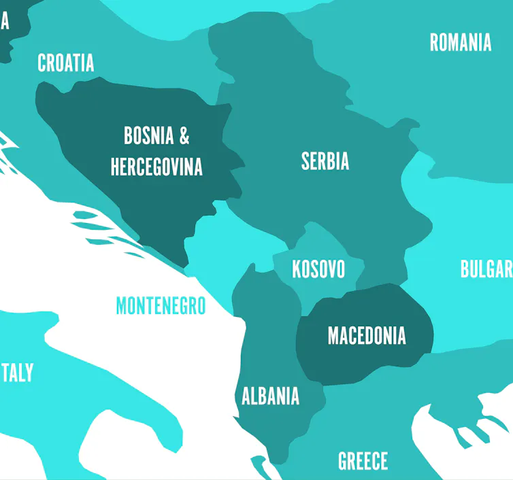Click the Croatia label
[x=65, y=63]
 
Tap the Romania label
[x=460, y=42]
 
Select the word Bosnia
[x=148, y=135]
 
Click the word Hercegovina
[x=156, y=166]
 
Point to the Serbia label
[x=325, y=161]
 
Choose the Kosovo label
[x=318, y=269]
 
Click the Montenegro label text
[x=161, y=306]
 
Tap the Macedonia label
[x=367, y=336]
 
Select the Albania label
[x=271, y=396]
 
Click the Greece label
[x=363, y=461]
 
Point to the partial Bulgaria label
[x=486, y=269]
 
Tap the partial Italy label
[x=17, y=373]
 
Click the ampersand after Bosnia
[x=184, y=135]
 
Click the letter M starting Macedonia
[x=333, y=336]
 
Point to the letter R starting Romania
[x=434, y=42]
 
